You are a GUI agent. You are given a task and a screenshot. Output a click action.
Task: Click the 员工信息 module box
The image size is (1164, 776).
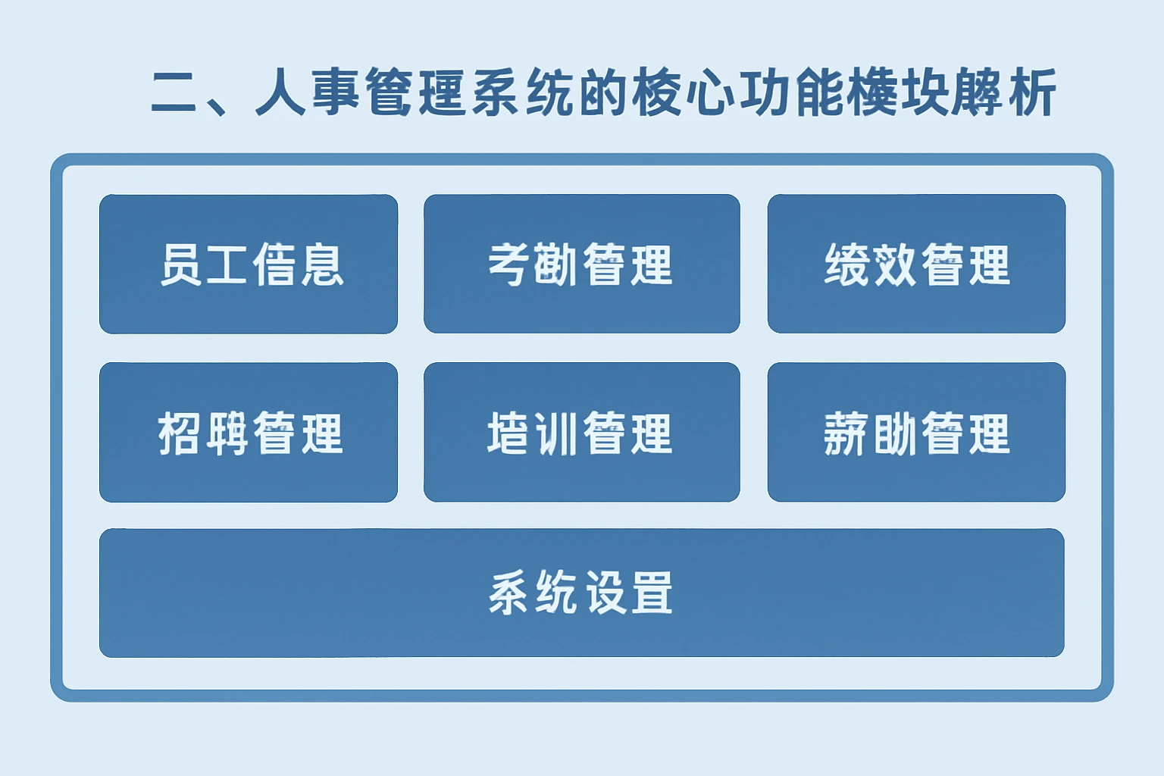click(x=249, y=264)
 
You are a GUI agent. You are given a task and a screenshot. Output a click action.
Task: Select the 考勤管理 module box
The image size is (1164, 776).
click(x=581, y=264)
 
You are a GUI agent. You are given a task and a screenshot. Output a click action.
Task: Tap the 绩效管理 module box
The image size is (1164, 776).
click(x=916, y=264)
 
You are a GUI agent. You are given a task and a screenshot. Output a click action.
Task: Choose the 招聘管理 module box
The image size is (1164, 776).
click(x=249, y=432)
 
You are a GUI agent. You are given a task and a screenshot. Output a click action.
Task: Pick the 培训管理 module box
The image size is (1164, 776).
click(x=581, y=432)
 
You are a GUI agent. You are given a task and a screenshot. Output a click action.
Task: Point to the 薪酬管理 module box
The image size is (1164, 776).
click(x=916, y=432)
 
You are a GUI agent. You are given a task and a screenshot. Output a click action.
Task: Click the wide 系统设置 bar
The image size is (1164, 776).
click(x=581, y=593)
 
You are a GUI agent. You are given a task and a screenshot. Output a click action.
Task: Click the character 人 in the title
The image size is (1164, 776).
click(x=280, y=92)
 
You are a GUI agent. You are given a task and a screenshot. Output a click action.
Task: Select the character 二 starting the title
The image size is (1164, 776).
click(x=175, y=92)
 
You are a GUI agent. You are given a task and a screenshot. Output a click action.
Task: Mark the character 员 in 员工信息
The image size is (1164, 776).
click(x=181, y=264)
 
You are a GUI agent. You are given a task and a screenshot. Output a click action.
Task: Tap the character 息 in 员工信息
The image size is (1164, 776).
click(x=321, y=264)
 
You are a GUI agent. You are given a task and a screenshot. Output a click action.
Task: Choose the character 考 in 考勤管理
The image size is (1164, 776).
click(x=509, y=264)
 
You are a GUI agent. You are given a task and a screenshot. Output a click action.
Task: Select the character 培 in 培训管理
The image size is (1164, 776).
click(x=509, y=433)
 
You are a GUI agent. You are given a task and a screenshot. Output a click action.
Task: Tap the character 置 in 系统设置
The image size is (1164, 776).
click(x=652, y=593)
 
